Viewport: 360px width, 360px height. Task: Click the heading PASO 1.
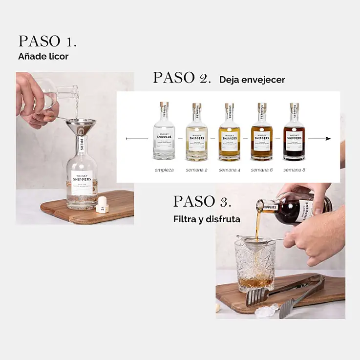point(47,41)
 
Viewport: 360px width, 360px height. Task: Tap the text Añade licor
point(43,56)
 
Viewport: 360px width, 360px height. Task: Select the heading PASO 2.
point(182,78)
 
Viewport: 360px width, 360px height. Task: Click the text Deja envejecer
point(252,80)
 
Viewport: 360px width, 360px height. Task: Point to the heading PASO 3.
point(202,201)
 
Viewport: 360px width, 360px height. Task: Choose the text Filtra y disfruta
point(207,219)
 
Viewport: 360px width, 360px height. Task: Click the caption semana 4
point(229,170)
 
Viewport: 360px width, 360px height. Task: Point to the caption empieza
point(164,170)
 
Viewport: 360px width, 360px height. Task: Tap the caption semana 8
point(294,170)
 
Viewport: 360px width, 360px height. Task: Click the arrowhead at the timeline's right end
point(328,139)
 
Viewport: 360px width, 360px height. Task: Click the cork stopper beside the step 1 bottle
point(103,204)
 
